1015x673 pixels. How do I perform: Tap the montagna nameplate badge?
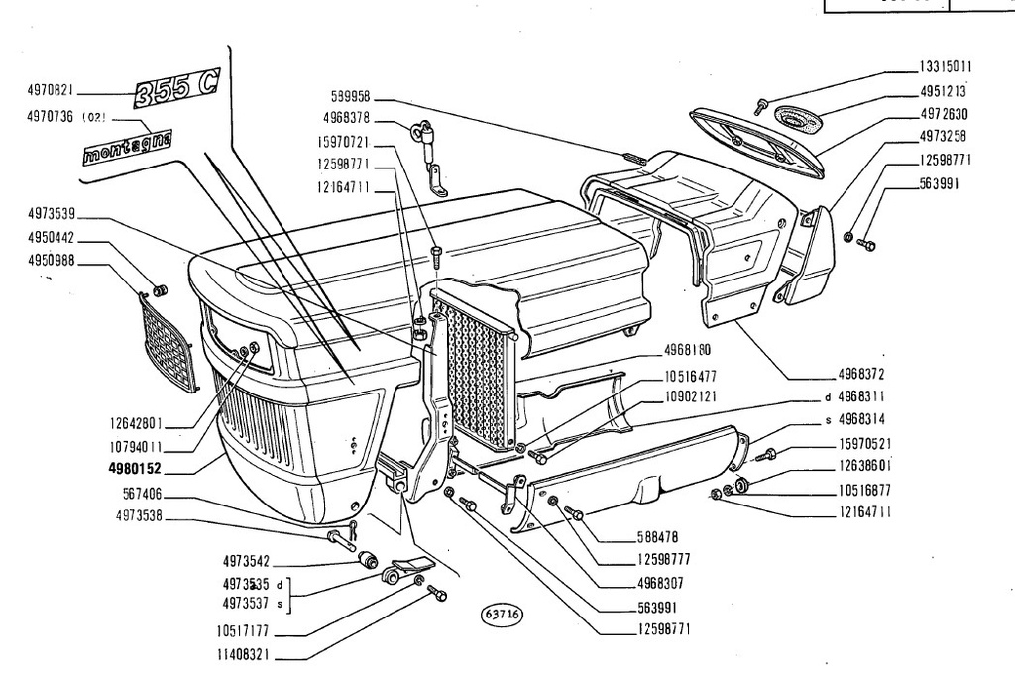[x=128, y=147]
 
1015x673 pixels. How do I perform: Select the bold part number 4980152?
[x=135, y=469]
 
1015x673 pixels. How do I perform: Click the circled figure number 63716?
[x=502, y=615]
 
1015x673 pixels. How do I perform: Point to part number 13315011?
[x=946, y=67]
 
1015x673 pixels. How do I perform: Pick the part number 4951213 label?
[x=944, y=91]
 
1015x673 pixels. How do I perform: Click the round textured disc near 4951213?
[x=797, y=118]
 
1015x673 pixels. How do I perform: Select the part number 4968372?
[x=861, y=374]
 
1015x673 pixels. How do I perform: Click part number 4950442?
[x=52, y=238]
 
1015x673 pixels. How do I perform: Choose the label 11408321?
[x=243, y=655]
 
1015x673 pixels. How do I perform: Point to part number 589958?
[x=350, y=96]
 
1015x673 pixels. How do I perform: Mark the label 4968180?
[x=688, y=350]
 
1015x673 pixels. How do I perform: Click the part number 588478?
[x=658, y=537]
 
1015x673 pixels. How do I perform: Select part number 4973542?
[x=246, y=560]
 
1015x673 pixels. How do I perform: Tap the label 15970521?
[x=864, y=444]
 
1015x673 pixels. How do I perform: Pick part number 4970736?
[x=50, y=117]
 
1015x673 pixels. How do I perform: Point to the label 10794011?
[x=135, y=446]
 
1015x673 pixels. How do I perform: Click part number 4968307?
[x=660, y=584]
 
